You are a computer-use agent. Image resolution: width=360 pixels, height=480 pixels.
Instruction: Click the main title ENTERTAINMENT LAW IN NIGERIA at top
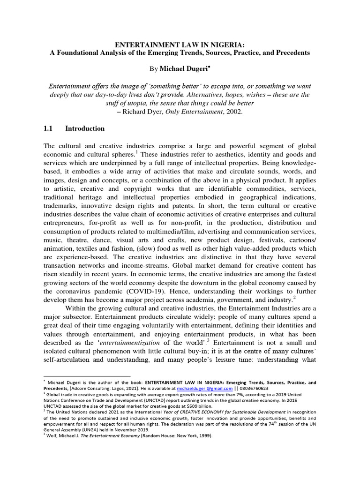[x=180, y=45]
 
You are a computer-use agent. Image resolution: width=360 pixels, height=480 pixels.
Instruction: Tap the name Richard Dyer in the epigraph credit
[x=141, y=112]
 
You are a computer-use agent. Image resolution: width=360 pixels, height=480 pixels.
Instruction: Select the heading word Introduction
[x=85, y=128]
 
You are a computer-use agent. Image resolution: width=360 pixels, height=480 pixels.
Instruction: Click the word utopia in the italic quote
[x=163, y=104]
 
